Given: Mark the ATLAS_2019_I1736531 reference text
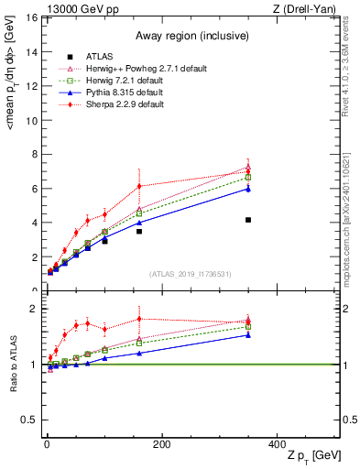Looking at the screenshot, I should click(x=191, y=275).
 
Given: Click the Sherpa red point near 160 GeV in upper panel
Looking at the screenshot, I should click(x=139, y=186).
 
